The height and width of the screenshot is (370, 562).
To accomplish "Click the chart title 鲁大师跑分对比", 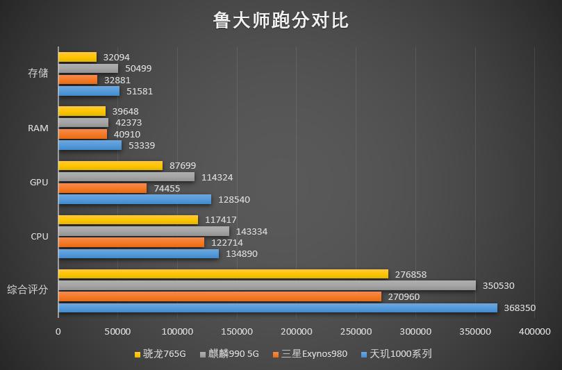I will (x=281, y=21).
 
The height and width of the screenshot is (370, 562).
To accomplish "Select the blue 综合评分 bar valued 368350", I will (x=278, y=308).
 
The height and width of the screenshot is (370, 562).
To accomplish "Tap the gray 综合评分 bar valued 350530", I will (x=267, y=285).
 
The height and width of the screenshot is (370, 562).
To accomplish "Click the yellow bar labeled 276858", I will (x=223, y=274).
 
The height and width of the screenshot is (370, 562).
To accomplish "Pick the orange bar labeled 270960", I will (x=220, y=296).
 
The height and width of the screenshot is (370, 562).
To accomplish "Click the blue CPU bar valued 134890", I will (x=138, y=253).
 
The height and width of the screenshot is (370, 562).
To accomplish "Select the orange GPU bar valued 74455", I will (x=102, y=188).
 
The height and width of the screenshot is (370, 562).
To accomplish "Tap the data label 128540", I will (x=234, y=199).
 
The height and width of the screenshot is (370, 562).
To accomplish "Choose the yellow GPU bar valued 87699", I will (x=110, y=166).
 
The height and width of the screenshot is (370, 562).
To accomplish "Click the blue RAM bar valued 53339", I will (x=90, y=145).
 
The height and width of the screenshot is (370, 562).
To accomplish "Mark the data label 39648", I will (x=126, y=112).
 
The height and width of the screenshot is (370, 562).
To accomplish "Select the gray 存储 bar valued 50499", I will (x=88, y=69).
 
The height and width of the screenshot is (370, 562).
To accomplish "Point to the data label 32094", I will (x=116, y=58).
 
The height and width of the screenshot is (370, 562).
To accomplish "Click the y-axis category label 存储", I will (x=38, y=74).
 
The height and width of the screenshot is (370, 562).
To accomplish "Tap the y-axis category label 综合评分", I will (x=28, y=289).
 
